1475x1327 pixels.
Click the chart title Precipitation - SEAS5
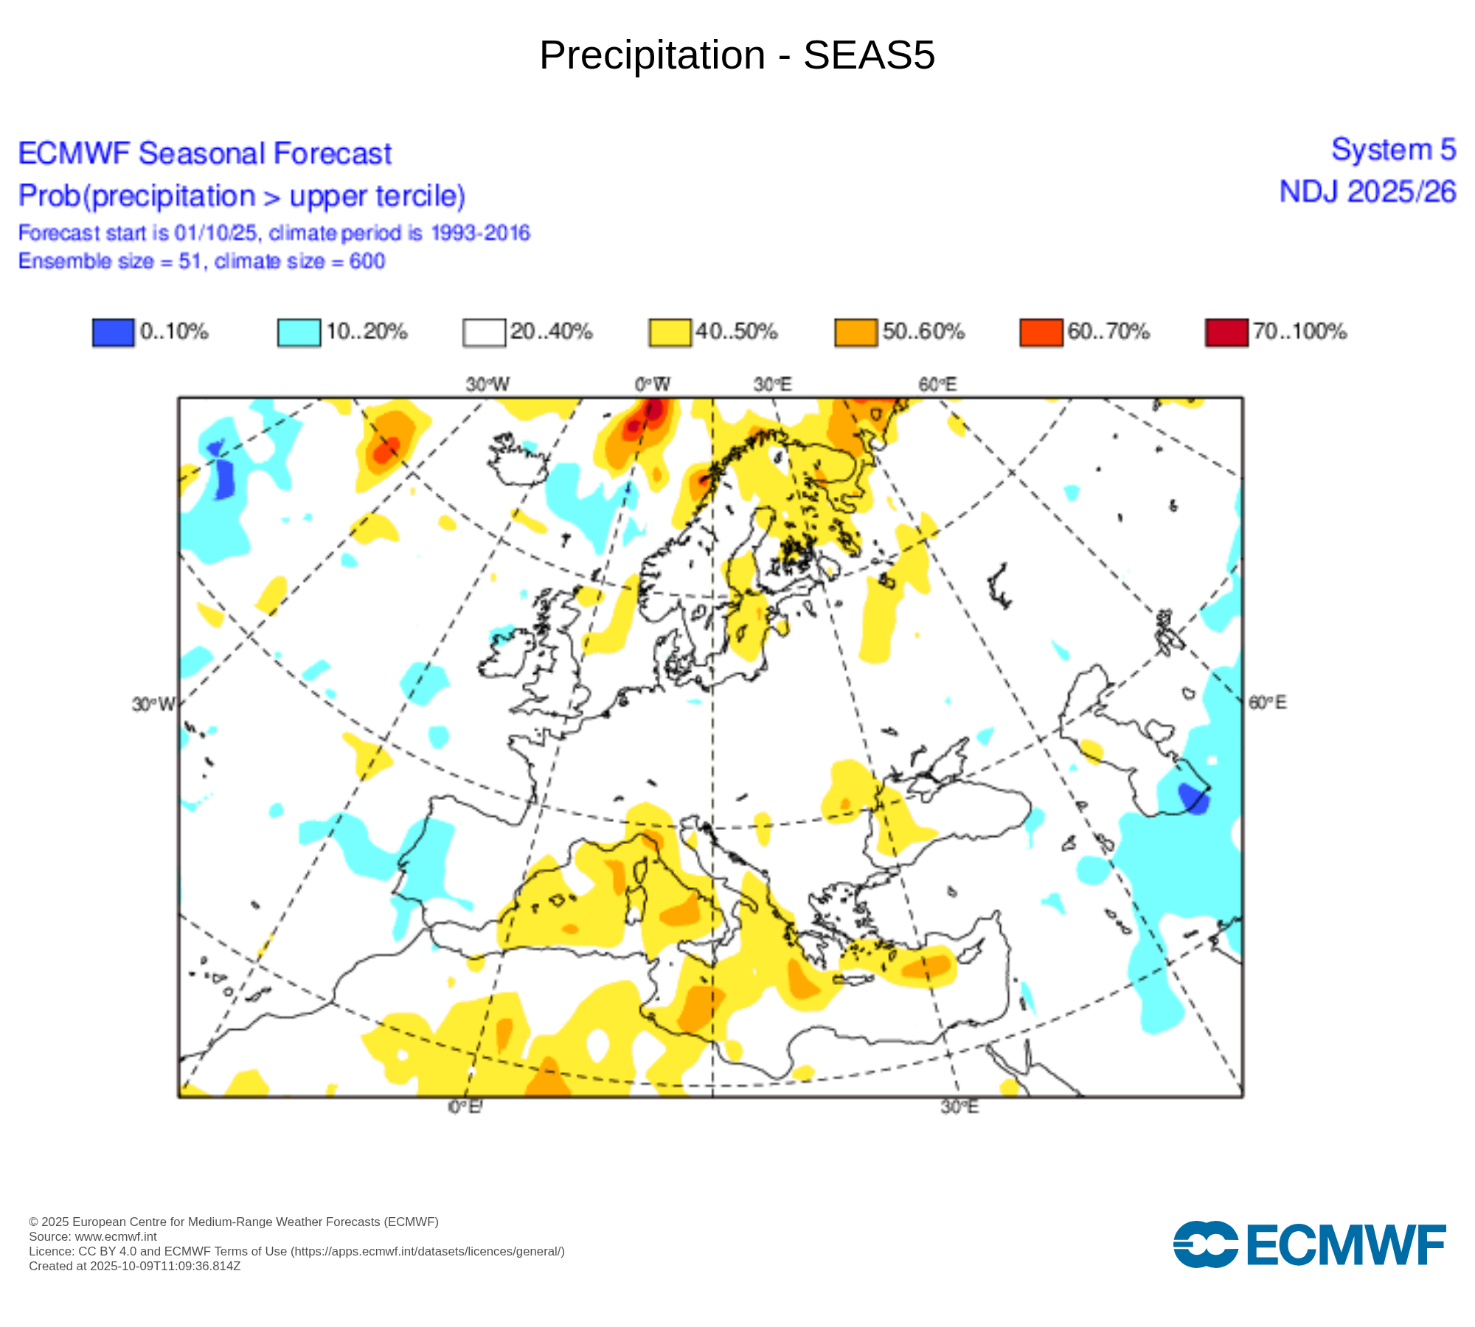pos(737,55)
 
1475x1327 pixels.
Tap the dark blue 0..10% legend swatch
pos(113,332)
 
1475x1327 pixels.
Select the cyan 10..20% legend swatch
pos(299,332)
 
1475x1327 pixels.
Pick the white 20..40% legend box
pos(484,332)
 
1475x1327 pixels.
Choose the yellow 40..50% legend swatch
pos(670,332)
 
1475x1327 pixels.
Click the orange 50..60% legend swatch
pos(855,332)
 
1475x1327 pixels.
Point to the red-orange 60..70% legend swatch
pos(1041,332)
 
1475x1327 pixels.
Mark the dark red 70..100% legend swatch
pos(1226,332)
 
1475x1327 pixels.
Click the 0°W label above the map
pos(652,384)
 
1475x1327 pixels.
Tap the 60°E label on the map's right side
pos(1267,703)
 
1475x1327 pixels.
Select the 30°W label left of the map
pos(153,705)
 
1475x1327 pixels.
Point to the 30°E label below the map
pos(959,1107)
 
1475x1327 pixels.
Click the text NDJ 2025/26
pos(1367,192)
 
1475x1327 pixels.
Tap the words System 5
pos(1393,150)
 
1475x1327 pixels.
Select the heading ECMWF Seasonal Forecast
pos(204,154)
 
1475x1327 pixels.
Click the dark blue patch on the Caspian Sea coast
pos(1193,798)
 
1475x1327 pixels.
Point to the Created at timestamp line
pos(134,1267)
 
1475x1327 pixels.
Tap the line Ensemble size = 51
pos(201,261)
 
